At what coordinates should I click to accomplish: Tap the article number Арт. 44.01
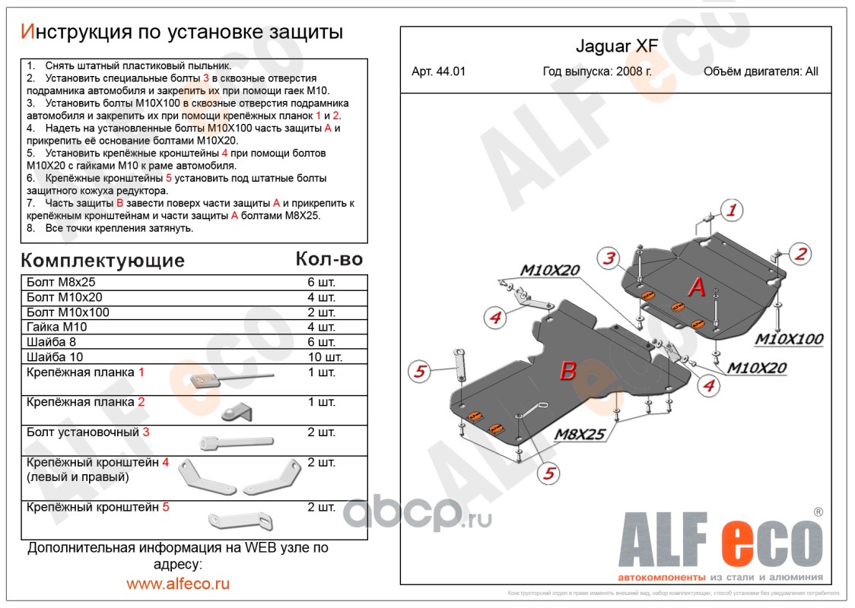click(438, 72)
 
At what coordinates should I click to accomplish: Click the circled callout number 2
click(800, 255)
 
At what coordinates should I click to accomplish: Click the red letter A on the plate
click(697, 288)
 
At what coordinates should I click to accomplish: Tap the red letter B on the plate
click(567, 371)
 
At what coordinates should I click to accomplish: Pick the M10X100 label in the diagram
click(788, 339)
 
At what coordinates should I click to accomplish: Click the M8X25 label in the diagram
click(578, 435)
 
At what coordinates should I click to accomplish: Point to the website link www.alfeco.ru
click(177, 584)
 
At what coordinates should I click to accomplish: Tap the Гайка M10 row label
click(57, 328)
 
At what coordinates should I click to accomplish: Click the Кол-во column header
click(329, 259)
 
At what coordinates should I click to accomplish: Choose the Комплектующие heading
click(103, 261)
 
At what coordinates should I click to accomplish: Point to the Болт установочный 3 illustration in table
click(236, 442)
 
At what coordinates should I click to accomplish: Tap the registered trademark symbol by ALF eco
click(818, 512)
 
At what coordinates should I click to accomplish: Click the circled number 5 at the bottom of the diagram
click(548, 473)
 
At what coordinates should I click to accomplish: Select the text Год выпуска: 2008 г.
click(596, 72)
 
